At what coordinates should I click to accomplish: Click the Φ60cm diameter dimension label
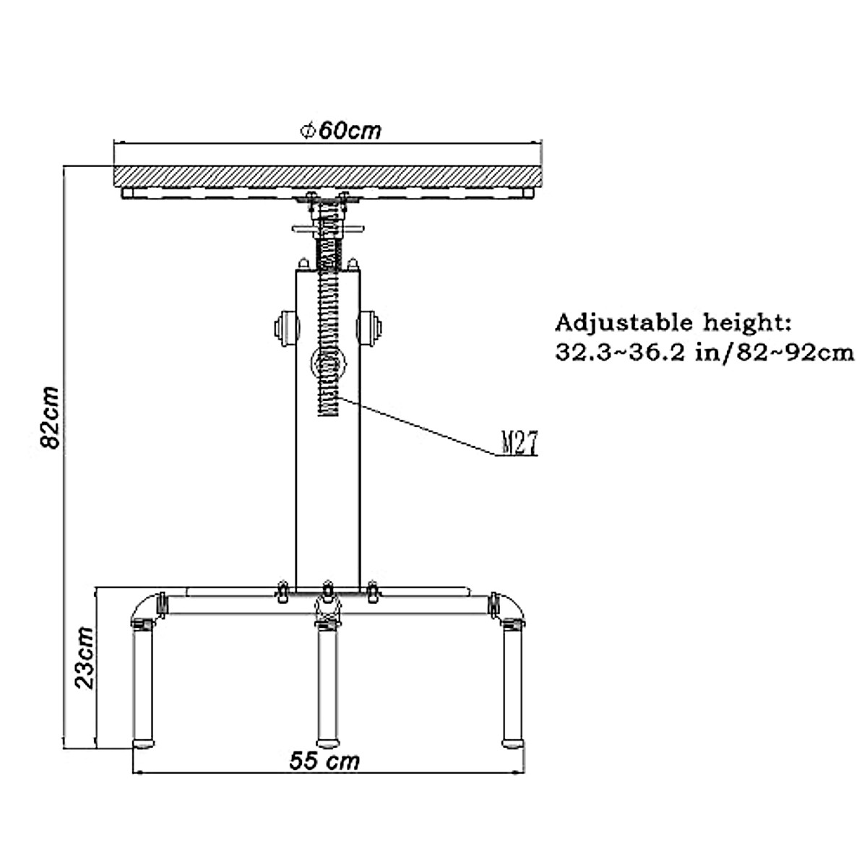[340, 131]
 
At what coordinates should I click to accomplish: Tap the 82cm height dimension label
[50, 418]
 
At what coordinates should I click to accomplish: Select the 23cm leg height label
[85, 657]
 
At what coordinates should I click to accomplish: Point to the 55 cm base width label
[324, 762]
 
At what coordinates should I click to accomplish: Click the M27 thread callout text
[519, 443]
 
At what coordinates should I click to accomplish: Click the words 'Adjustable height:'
[673, 323]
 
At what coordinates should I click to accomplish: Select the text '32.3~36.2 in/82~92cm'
[704, 353]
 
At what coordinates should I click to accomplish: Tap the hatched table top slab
[327, 177]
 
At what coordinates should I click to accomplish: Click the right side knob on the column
[369, 328]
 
